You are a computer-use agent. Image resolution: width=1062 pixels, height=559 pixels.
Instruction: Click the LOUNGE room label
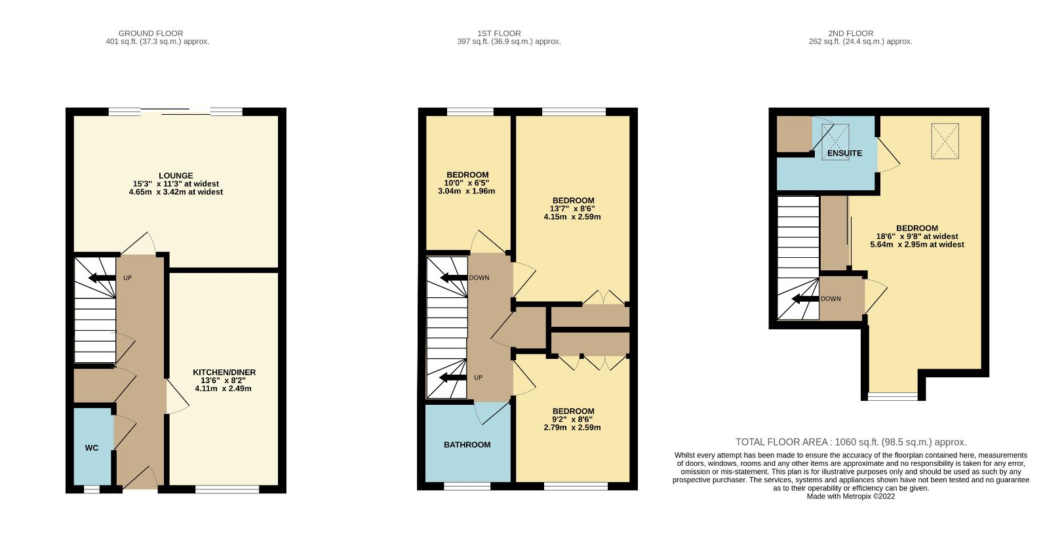click(x=176, y=175)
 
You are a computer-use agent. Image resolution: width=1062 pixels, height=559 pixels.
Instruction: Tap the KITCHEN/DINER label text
click(x=224, y=372)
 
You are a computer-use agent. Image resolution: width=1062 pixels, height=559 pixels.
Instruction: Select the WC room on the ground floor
click(x=92, y=447)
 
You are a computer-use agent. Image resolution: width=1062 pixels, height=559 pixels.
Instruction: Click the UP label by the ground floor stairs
click(x=127, y=278)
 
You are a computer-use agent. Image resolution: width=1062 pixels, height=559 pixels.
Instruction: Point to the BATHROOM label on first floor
click(x=467, y=445)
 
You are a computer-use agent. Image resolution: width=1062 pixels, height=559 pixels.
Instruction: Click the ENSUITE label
click(x=844, y=153)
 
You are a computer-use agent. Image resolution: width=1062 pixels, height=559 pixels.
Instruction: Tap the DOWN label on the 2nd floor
click(x=831, y=299)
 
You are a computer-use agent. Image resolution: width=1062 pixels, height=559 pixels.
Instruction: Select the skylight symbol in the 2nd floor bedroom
click(x=945, y=141)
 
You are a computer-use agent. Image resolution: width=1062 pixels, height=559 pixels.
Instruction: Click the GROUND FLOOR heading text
click(x=151, y=33)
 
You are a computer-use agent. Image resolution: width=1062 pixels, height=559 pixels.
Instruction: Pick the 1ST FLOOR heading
click(x=499, y=33)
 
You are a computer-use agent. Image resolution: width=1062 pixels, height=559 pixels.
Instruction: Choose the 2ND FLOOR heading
click(x=850, y=33)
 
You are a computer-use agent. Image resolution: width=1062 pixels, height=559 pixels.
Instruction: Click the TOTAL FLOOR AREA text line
click(x=851, y=442)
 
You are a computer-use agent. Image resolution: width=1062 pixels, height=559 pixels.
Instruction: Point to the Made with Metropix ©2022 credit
click(x=850, y=497)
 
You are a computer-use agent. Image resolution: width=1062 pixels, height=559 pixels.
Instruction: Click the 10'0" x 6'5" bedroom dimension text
click(x=467, y=183)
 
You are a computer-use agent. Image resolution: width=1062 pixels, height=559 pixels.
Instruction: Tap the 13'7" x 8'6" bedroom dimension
click(x=572, y=209)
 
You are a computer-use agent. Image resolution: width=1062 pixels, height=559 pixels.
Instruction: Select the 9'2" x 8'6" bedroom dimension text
click(x=572, y=419)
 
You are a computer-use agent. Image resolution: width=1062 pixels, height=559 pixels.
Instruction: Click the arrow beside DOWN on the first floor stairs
click(x=453, y=278)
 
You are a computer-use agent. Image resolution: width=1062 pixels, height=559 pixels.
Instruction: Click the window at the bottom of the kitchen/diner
click(x=227, y=489)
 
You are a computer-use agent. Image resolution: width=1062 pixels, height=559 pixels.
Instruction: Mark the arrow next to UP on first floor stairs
click(x=452, y=377)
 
